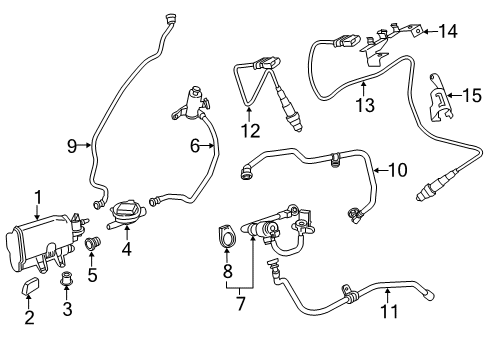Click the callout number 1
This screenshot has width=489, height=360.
(38, 197)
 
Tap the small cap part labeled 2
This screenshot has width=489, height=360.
(30, 286)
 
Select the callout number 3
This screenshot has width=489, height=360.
(67, 308)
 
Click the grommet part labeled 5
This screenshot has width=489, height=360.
(92, 243)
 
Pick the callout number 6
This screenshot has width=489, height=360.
(195, 146)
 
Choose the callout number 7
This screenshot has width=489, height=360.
(240, 303)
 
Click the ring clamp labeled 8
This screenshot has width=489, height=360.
(228, 236)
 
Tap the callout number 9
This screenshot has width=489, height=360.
(72, 146)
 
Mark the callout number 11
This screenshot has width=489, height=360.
(389, 311)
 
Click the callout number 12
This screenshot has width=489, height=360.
(251, 130)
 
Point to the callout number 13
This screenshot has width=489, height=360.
(365, 104)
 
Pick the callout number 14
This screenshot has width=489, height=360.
(448, 31)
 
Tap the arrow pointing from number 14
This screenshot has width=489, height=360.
(430, 32)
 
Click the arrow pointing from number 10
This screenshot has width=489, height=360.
(380, 170)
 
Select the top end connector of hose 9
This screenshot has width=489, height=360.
(172, 18)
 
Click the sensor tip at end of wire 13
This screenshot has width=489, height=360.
(421, 197)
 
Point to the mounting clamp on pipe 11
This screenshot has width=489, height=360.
(347, 293)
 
